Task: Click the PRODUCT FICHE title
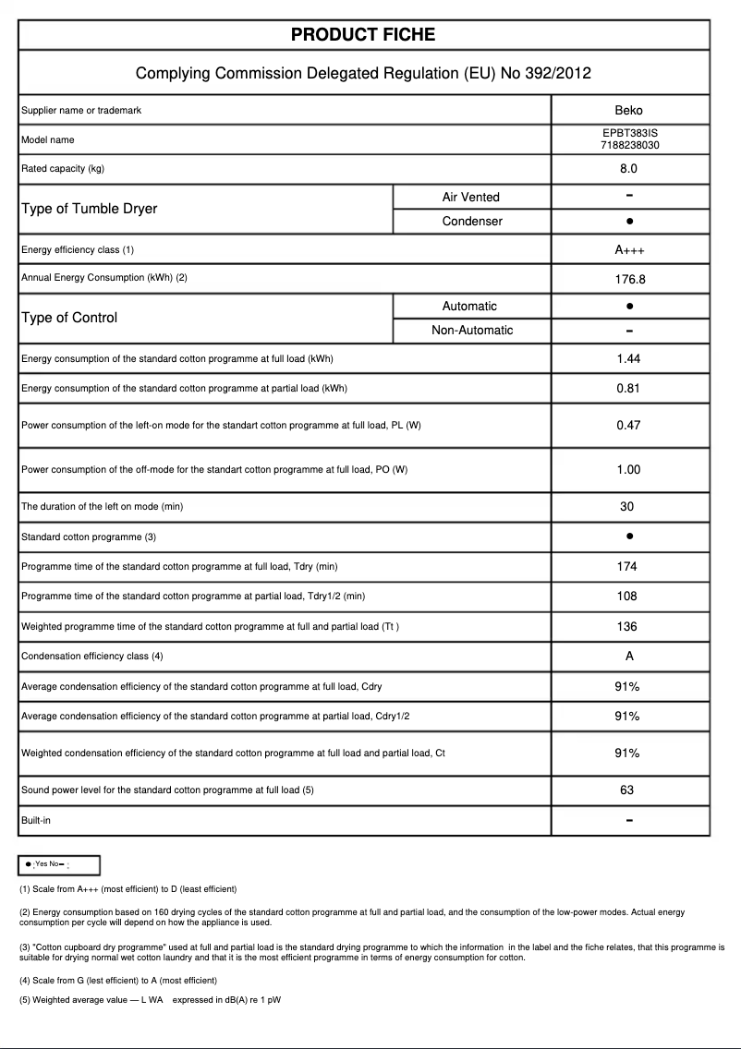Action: (x=363, y=35)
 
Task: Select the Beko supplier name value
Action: (x=628, y=111)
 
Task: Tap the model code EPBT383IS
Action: (x=629, y=133)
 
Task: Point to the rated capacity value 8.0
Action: (x=628, y=169)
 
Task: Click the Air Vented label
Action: (x=470, y=197)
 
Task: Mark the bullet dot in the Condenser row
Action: (x=628, y=222)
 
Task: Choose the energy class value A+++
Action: (x=628, y=250)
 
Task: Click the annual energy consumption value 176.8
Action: (x=628, y=278)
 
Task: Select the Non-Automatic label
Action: (x=472, y=331)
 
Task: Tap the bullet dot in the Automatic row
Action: (x=628, y=306)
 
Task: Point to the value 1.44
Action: (x=628, y=359)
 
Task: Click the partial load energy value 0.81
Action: (x=628, y=389)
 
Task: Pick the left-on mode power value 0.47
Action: (x=628, y=426)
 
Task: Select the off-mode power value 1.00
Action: (x=628, y=470)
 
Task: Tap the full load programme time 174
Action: (x=627, y=567)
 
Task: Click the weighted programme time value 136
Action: (x=627, y=627)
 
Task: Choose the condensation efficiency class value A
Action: (x=628, y=657)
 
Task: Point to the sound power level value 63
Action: (x=627, y=790)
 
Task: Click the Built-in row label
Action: (x=37, y=820)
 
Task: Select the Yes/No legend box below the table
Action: (x=59, y=864)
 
